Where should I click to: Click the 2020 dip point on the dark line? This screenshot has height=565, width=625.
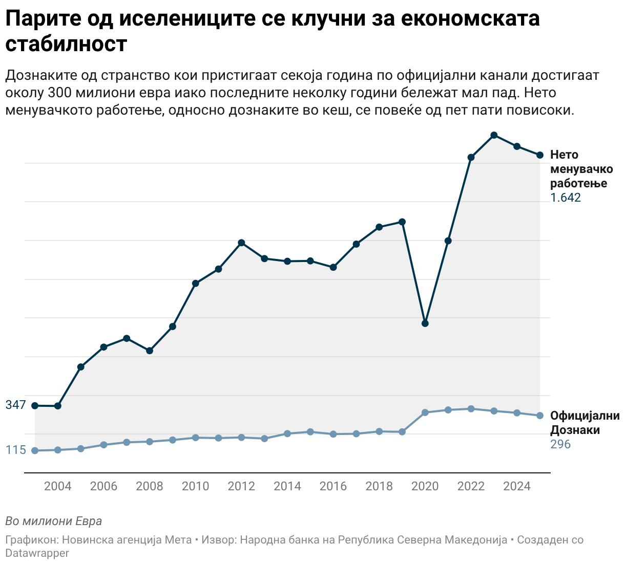click(x=425, y=323)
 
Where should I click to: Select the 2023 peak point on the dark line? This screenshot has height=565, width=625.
click(x=494, y=135)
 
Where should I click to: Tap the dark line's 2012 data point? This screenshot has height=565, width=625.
click(x=241, y=243)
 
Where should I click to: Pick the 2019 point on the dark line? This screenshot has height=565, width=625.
click(x=402, y=222)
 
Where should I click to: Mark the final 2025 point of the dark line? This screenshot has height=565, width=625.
click(x=540, y=155)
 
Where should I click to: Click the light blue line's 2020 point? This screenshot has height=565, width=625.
click(x=425, y=412)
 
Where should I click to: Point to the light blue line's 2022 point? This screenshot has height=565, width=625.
click(x=471, y=409)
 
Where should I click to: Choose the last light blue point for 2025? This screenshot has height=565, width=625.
click(x=540, y=416)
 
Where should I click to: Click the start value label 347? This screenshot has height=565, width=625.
click(x=15, y=405)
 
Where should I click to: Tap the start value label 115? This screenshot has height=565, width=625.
click(x=15, y=450)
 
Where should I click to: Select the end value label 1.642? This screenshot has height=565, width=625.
click(x=566, y=198)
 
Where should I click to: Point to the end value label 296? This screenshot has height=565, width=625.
click(x=560, y=444)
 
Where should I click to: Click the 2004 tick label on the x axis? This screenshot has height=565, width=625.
click(x=58, y=486)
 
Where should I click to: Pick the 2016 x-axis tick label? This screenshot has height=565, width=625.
click(x=333, y=486)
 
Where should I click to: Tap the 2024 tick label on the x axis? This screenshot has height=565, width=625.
click(x=517, y=486)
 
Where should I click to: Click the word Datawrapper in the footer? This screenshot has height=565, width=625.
click(x=37, y=553)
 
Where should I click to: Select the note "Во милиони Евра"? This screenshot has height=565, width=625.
click(x=54, y=521)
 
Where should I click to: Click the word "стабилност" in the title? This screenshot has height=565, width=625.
click(x=67, y=44)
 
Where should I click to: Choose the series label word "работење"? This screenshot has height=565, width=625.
click(x=578, y=184)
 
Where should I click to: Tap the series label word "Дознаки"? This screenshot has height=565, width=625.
click(x=575, y=430)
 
